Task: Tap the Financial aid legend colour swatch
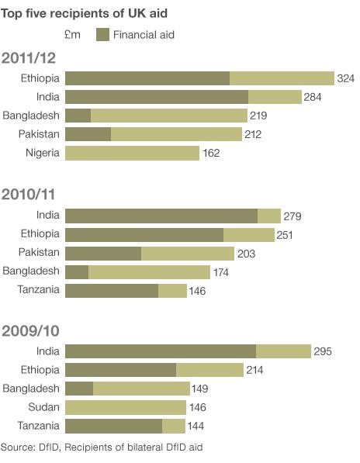pos(102,34)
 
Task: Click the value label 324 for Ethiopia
pos(346,78)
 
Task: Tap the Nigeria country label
pos(42,153)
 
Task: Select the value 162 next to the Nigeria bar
pos(211,154)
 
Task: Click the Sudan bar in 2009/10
pos(125,407)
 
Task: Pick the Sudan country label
pos(45,407)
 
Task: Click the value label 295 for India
pos(323,351)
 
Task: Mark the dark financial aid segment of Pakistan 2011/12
pos(88,134)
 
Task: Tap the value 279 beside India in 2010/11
pos(292,216)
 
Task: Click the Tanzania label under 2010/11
pos(39,290)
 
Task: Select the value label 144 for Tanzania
pos(197,427)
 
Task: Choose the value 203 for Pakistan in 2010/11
pos(245,254)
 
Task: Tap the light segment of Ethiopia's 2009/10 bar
pos(209,370)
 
